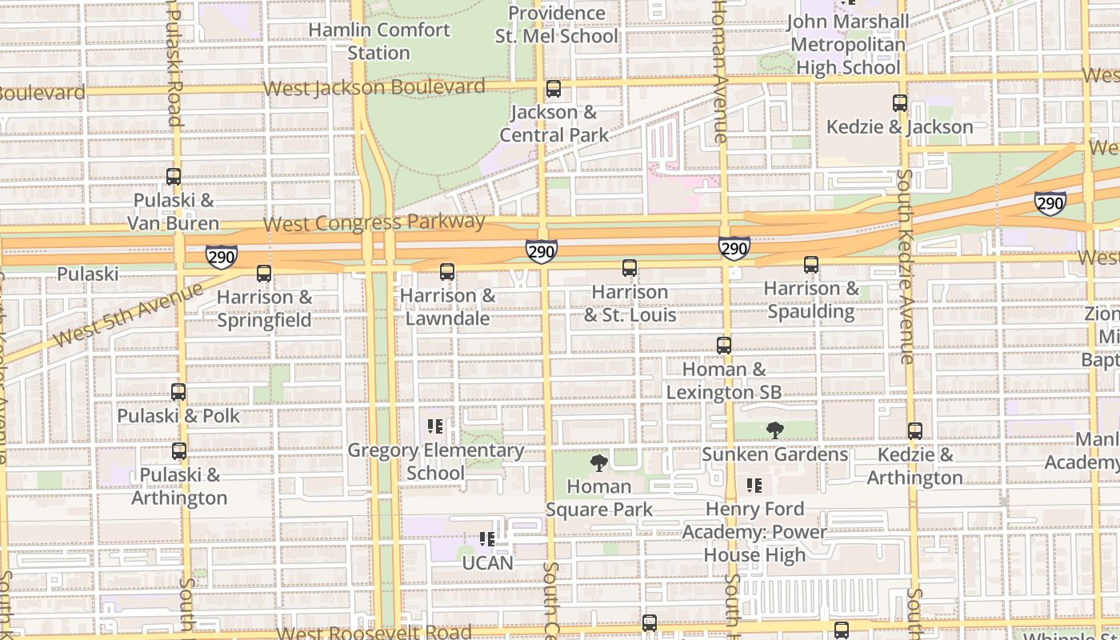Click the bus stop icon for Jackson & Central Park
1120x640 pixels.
tap(553, 89)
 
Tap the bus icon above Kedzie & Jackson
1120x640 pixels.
tap(900, 103)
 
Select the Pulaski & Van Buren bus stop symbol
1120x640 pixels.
tap(174, 177)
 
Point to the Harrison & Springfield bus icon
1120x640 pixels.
tap(264, 274)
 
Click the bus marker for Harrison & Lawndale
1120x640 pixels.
tap(447, 273)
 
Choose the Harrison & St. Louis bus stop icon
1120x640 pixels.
tap(630, 268)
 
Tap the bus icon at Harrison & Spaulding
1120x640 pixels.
tap(811, 265)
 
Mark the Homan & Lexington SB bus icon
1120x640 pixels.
tap(724, 346)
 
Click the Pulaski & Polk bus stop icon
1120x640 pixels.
tap(178, 392)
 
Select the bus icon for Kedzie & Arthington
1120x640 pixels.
tap(915, 431)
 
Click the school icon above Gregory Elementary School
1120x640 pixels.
tap(435, 426)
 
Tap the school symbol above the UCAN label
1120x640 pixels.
tap(486, 539)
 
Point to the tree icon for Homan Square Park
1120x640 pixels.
tap(598, 462)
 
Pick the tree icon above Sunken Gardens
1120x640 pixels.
tap(774, 430)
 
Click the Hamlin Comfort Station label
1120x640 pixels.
tap(379, 42)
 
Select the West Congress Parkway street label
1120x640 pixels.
tap(374, 222)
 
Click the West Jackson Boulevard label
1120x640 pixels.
tap(374, 87)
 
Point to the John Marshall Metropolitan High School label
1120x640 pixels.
tap(848, 45)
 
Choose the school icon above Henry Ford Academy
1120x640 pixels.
tap(754, 486)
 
